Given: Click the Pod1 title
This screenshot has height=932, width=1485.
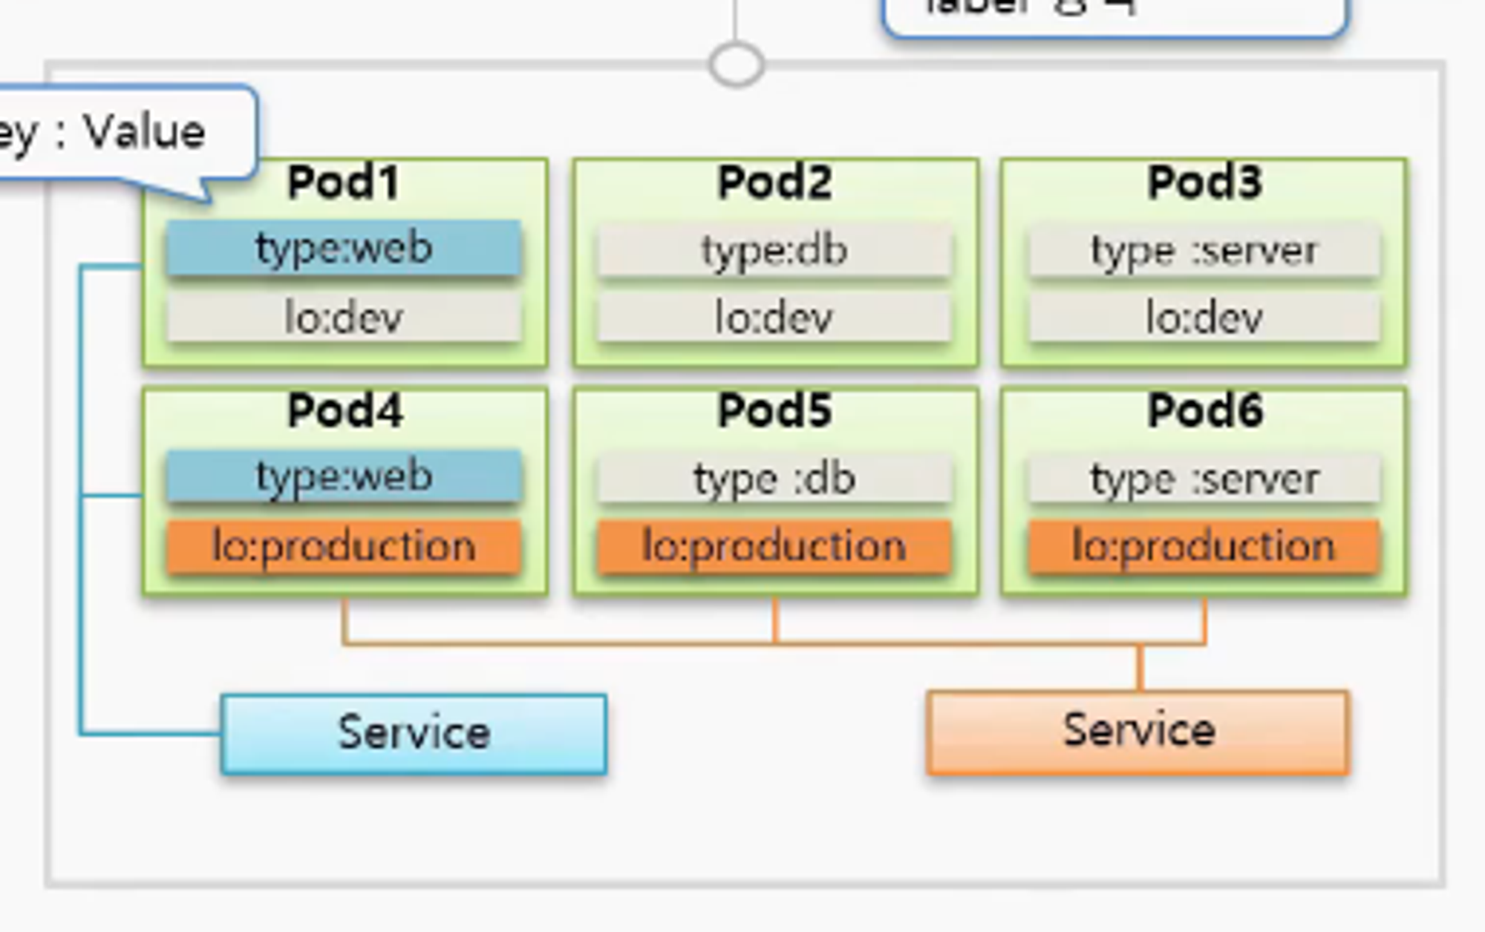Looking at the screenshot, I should point(343,183).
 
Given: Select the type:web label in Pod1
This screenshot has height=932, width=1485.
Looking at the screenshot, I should point(344,248).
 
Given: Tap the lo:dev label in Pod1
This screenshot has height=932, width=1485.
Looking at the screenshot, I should point(344,318).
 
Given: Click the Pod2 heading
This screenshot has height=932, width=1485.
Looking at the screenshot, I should point(774,183).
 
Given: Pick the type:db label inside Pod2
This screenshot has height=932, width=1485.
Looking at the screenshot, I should point(774,251).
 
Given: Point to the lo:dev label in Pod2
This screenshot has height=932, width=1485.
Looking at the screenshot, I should point(774,318).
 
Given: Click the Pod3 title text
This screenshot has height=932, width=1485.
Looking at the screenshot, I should point(1204,183).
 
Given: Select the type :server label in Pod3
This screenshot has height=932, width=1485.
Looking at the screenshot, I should point(1204,251).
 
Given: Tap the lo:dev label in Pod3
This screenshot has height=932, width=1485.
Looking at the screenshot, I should point(1204,318).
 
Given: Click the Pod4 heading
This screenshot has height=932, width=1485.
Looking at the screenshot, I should point(345,410).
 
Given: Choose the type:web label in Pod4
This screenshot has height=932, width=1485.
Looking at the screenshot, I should point(344,476).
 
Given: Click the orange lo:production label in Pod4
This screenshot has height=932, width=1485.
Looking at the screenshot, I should point(344,547).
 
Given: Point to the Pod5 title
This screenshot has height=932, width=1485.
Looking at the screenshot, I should point(774,410).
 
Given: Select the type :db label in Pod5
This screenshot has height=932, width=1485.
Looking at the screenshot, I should point(774,479).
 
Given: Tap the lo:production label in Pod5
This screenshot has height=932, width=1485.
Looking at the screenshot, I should point(774,547).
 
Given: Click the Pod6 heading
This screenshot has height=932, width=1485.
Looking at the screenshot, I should point(1204,410).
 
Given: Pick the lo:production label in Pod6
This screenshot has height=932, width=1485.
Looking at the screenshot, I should point(1204,547).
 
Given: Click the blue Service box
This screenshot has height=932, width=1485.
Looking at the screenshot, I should point(414,734).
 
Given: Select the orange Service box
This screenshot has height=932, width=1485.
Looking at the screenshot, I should point(1138,732).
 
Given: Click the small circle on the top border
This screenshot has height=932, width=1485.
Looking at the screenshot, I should point(736,65).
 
